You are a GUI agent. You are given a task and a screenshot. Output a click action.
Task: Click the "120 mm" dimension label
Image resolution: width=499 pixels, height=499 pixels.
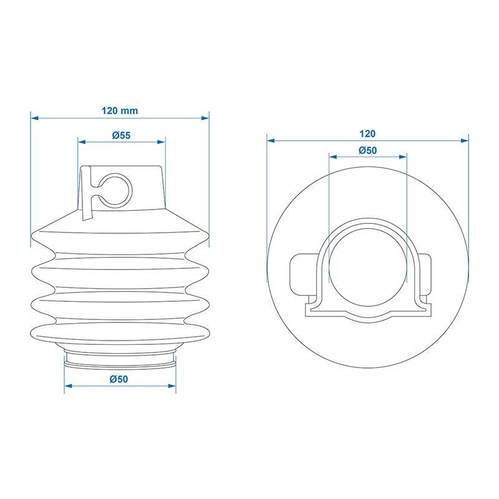(x=120, y=111)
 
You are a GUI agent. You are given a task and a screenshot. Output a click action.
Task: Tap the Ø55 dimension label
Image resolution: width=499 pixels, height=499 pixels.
(x=121, y=135)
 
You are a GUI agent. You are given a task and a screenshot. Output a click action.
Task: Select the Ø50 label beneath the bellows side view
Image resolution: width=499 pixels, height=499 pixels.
(x=119, y=379)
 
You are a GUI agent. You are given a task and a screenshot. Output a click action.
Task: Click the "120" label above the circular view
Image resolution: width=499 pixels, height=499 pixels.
(x=367, y=133)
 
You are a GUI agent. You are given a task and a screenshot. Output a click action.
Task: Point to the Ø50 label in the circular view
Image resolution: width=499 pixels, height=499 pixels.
(x=367, y=150)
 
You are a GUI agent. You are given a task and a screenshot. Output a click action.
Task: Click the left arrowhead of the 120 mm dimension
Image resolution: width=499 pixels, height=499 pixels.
(x=34, y=118)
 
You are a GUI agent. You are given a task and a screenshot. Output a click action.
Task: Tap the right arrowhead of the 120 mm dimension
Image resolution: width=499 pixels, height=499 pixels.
(x=205, y=118)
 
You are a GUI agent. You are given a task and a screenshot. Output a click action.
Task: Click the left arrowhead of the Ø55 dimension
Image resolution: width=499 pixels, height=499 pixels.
(x=82, y=142)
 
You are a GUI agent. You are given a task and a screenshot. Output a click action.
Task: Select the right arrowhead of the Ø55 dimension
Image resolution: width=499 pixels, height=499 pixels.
(x=162, y=142)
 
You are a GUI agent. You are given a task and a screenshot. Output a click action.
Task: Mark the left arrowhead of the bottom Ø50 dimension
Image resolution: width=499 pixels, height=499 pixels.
(x=68, y=386)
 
